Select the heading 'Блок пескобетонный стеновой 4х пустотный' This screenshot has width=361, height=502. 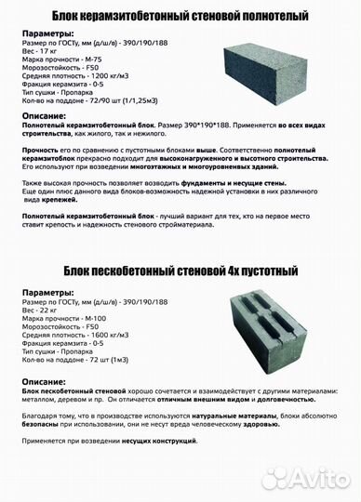[180, 271]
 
